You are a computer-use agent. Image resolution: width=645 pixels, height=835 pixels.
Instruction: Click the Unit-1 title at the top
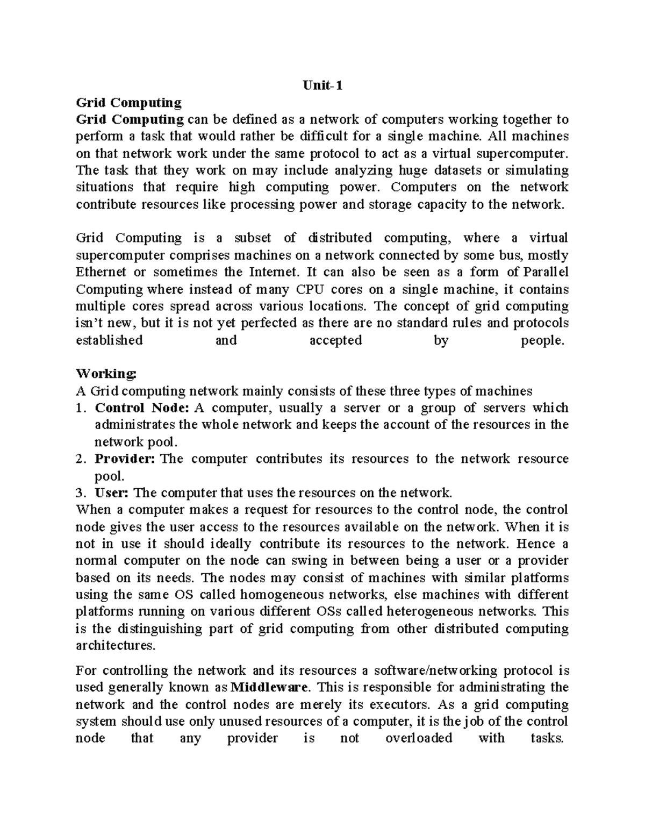point(322,85)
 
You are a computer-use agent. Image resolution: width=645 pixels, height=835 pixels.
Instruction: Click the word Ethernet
point(102,272)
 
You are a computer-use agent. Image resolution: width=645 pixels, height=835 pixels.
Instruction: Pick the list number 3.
point(80,493)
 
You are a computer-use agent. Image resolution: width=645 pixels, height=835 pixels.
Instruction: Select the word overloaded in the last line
point(419,738)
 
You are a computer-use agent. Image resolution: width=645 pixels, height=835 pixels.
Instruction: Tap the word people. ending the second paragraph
point(543,340)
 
